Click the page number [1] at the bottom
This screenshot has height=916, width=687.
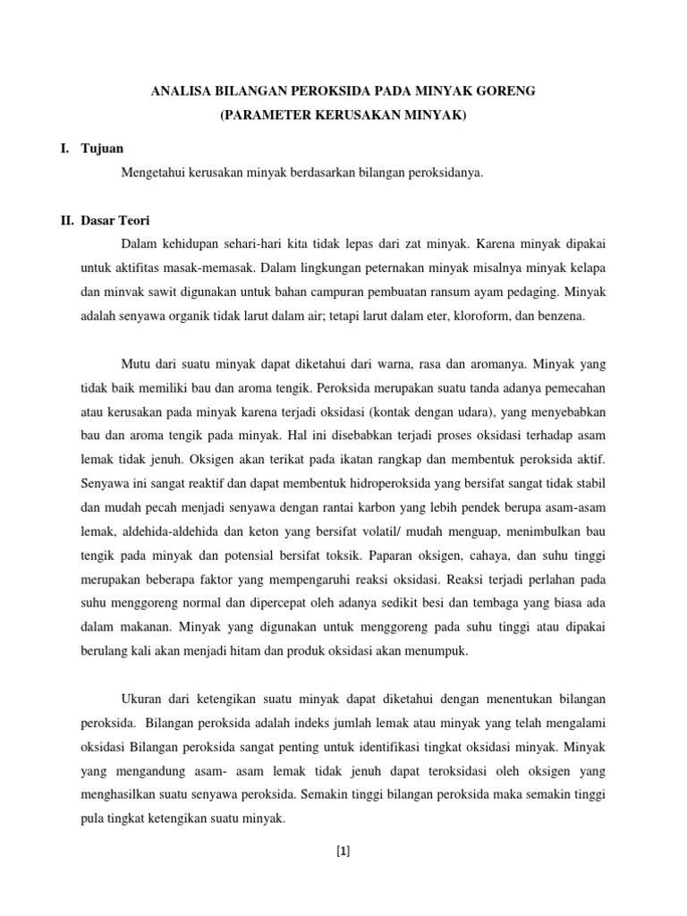pyautogui.click(x=343, y=851)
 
